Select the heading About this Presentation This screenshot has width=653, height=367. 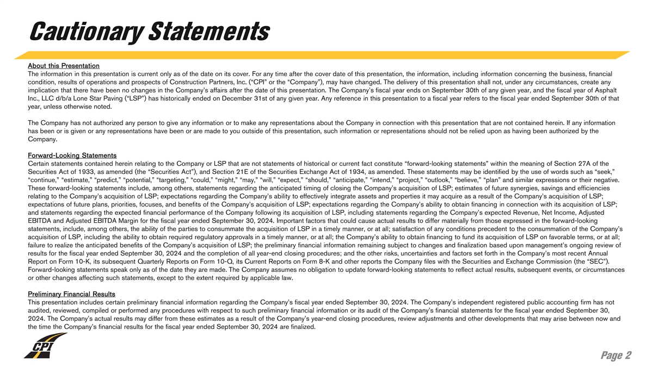point(63,66)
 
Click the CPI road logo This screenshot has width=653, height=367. point(45,346)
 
